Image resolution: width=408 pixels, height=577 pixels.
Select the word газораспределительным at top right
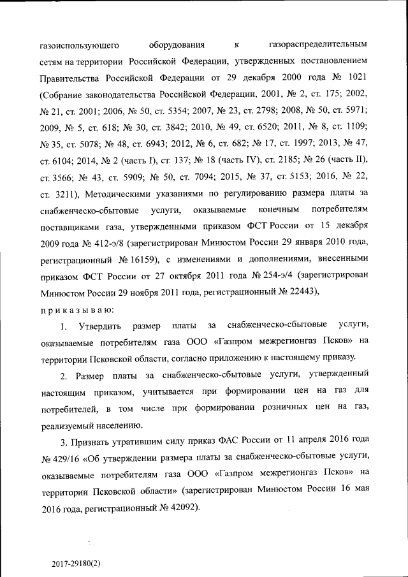point(315,45)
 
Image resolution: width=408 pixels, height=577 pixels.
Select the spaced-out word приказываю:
point(77,309)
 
